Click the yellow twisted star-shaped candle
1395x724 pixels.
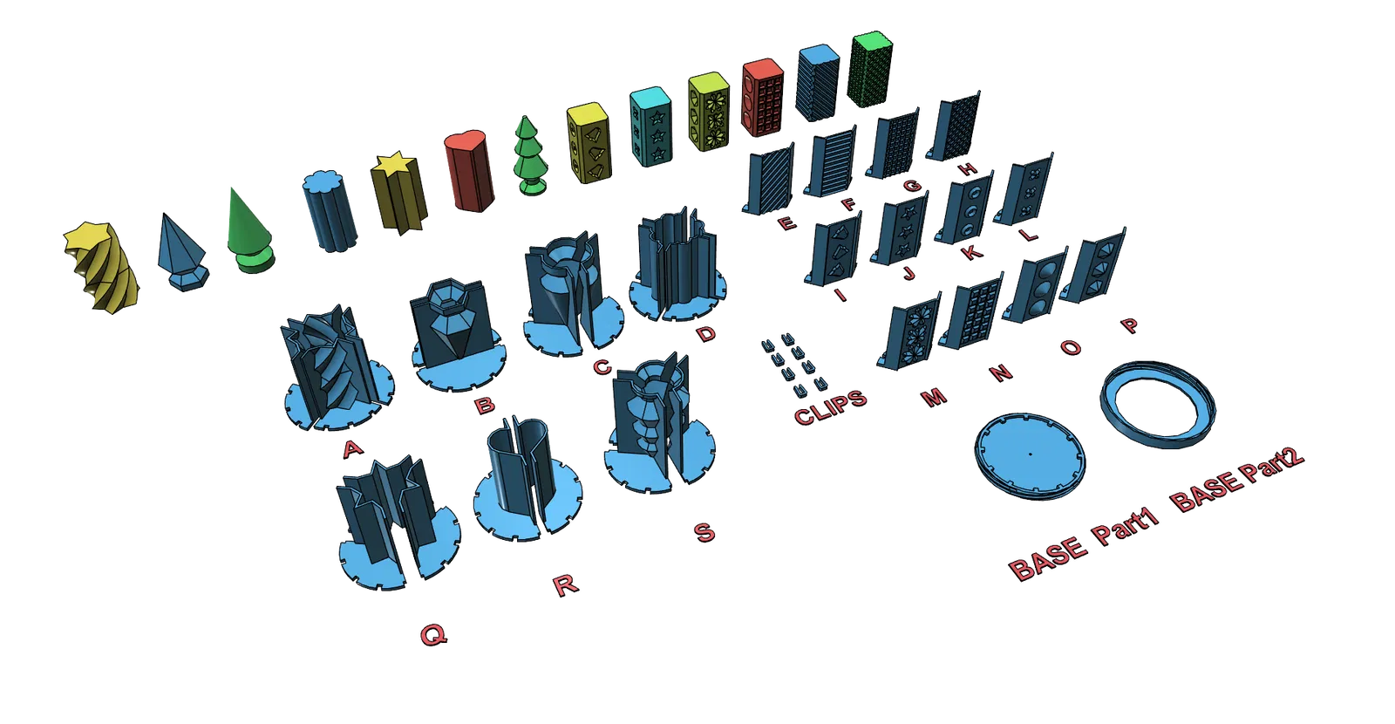(102, 266)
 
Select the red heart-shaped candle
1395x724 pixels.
(470, 170)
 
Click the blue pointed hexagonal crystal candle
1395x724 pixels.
(183, 253)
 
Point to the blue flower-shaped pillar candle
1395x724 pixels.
(330, 210)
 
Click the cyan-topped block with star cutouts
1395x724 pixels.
(651, 127)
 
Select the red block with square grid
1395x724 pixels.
(763, 97)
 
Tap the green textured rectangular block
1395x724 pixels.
(871, 69)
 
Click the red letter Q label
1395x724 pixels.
(433, 636)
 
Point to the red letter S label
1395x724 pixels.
(704, 532)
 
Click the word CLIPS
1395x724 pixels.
(830, 407)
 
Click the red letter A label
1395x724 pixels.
(353, 448)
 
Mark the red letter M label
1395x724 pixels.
(934, 397)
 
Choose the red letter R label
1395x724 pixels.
(566, 584)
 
